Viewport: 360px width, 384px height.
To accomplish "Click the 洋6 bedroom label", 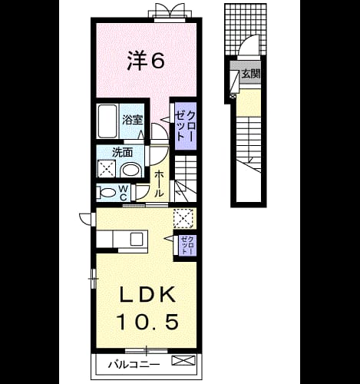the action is point(146,61).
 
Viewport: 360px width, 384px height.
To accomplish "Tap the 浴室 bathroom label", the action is point(132,120).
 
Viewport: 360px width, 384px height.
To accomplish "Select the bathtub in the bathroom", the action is point(107,121).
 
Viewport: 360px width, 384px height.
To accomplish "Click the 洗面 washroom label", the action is point(123,153).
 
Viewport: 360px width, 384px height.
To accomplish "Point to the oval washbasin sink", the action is point(130,170).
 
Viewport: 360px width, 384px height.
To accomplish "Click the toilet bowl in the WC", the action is point(107,192).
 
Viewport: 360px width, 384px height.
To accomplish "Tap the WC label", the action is point(124,193).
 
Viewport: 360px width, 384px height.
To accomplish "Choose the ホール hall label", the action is point(159,184).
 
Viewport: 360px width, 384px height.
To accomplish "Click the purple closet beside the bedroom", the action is point(186,126).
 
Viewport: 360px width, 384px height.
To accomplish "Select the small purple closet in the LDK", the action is point(187,245).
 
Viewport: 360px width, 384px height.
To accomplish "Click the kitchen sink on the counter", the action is point(137,239).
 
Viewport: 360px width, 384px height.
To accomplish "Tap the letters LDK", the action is point(147,295).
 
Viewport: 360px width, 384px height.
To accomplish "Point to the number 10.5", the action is point(147,322).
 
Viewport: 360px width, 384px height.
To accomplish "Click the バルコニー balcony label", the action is point(134,364).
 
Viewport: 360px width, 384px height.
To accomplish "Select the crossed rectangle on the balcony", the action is point(183,360).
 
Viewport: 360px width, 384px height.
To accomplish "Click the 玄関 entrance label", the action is point(251,74).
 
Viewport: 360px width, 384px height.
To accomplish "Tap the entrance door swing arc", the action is point(248,41).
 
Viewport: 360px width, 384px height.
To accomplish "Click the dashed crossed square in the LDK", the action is point(183,218).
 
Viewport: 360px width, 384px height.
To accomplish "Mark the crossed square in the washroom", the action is point(107,168).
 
